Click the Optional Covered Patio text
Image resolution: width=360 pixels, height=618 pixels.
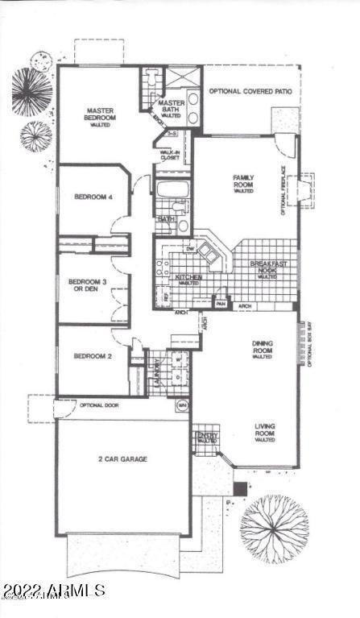coord(250,91)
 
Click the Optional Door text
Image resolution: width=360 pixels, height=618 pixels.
coord(99,404)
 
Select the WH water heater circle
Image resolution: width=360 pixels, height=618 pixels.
coord(183,404)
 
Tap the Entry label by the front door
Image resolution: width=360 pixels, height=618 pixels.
coord(205,437)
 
